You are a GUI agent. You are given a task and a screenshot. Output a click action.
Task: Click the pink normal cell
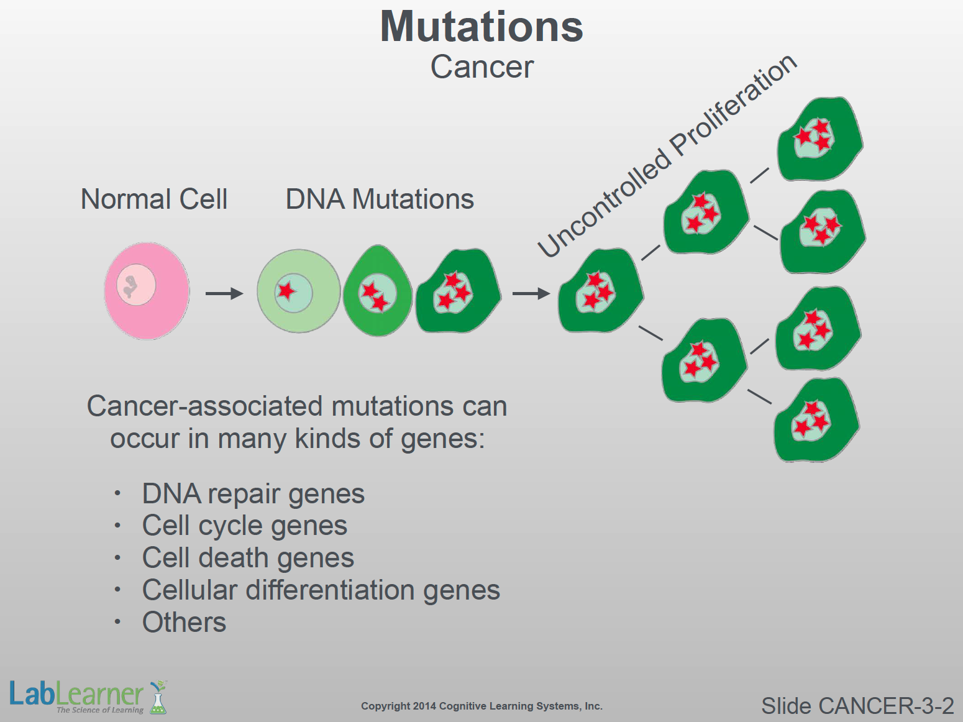[x=147, y=291]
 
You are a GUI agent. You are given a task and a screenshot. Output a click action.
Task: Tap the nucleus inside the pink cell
[x=136, y=285]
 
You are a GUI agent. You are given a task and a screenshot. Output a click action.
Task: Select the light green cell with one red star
[x=299, y=291]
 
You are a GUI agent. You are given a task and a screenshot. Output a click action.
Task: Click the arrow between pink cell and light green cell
[x=224, y=293]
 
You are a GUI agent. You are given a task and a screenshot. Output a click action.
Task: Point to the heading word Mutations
[x=482, y=27]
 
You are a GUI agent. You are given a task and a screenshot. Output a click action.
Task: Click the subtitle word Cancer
[x=482, y=67]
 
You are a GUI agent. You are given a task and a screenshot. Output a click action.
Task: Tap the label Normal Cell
[x=154, y=199]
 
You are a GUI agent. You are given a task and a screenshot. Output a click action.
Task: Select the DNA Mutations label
[x=380, y=199]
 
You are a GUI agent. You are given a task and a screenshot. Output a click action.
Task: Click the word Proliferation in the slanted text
[x=733, y=106]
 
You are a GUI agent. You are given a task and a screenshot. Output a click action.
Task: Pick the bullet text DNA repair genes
[x=253, y=494]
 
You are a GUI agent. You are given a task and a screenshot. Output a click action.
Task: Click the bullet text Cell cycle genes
[x=244, y=526]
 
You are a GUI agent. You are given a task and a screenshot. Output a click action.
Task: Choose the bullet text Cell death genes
[x=248, y=558]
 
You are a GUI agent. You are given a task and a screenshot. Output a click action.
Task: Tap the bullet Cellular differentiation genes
[x=321, y=590]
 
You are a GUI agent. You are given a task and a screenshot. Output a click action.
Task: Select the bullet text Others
[x=184, y=623]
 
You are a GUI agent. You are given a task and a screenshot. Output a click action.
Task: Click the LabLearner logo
[x=87, y=696]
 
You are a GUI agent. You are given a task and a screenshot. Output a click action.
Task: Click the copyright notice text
[x=482, y=706]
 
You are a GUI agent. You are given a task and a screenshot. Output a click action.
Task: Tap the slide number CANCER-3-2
[x=857, y=706]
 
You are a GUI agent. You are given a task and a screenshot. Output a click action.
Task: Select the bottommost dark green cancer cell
[x=815, y=420]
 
